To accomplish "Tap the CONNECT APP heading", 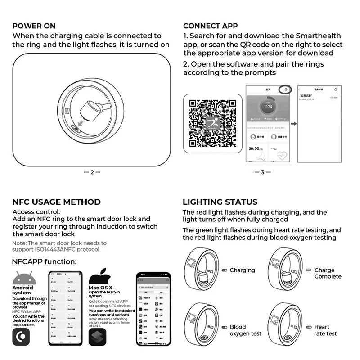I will click(210, 26).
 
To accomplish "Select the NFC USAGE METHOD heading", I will click(56, 202).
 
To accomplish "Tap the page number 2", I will click(92, 172).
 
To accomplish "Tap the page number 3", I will click(263, 172).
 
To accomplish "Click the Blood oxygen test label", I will click(245, 330).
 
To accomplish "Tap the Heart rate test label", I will click(325, 330).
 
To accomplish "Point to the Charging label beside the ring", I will click(242, 270).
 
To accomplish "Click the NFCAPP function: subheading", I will click(44, 261).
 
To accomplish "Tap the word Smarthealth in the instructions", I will click(318, 36).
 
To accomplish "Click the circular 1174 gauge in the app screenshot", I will click(268, 107).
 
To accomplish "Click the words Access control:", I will click(36, 212).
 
